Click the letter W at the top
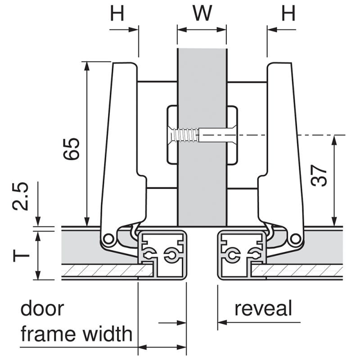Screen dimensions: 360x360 coord(202,13)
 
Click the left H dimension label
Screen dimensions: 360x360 coord(117,13)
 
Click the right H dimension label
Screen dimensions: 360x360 coord(288,13)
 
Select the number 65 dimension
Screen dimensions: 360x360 coord(72,149)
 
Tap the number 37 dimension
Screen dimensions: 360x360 coord(319,175)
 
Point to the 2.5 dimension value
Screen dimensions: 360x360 coord(20,196)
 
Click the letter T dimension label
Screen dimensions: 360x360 coord(21,255)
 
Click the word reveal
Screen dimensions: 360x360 coord(263,308)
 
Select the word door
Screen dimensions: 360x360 coord(42,308)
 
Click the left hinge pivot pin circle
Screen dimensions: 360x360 coord(108,239)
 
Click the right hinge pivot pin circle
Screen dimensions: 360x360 coord(295,238)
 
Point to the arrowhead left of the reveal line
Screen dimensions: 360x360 coord(222,322)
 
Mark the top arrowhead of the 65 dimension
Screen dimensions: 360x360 coord(86,66)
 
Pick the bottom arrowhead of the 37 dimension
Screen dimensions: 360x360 coord(334,221)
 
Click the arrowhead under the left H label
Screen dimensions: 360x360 coord(134,30)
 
